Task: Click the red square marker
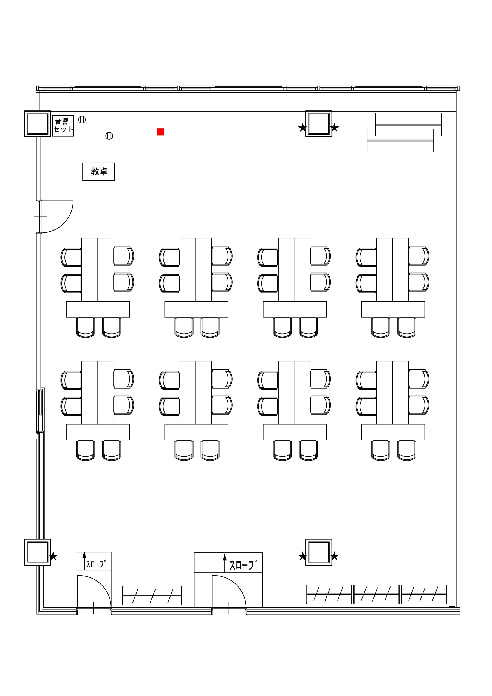click(160, 132)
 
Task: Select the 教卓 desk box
click(98, 172)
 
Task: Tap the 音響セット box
click(63, 126)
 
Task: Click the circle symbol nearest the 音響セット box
click(82, 119)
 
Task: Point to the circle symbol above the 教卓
click(109, 136)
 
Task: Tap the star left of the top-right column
click(302, 128)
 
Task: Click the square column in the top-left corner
click(38, 124)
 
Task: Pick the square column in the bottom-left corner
click(38, 552)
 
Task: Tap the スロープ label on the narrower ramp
click(96, 564)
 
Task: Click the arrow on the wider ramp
click(225, 563)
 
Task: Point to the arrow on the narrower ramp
click(84, 561)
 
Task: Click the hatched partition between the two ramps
click(152, 596)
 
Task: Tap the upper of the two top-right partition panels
click(409, 125)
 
